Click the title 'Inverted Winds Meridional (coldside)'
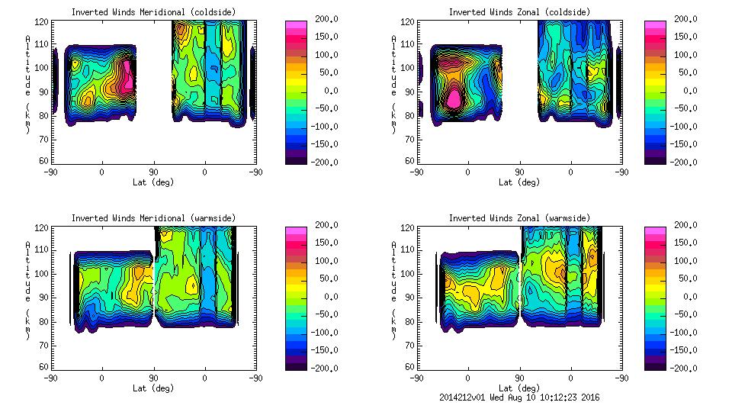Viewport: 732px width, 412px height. (x=153, y=12)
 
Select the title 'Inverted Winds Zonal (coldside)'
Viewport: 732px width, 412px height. (x=519, y=12)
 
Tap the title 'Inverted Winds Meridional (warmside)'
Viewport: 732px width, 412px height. (x=153, y=218)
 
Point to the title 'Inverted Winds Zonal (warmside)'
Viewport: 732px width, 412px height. (x=519, y=218)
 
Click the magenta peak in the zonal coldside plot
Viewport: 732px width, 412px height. (x=454, y=98)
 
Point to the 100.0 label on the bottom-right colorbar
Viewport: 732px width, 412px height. (x=689, y=261)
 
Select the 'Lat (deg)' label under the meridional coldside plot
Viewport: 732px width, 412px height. (x=153, y=182)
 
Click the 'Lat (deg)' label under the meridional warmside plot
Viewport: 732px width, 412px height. (x=153, y=388)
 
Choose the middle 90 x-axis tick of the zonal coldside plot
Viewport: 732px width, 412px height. (x=519, y=172)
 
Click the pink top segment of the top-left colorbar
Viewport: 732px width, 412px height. (x=295, y=24)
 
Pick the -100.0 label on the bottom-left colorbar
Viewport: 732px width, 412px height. (x=321, y=333)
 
